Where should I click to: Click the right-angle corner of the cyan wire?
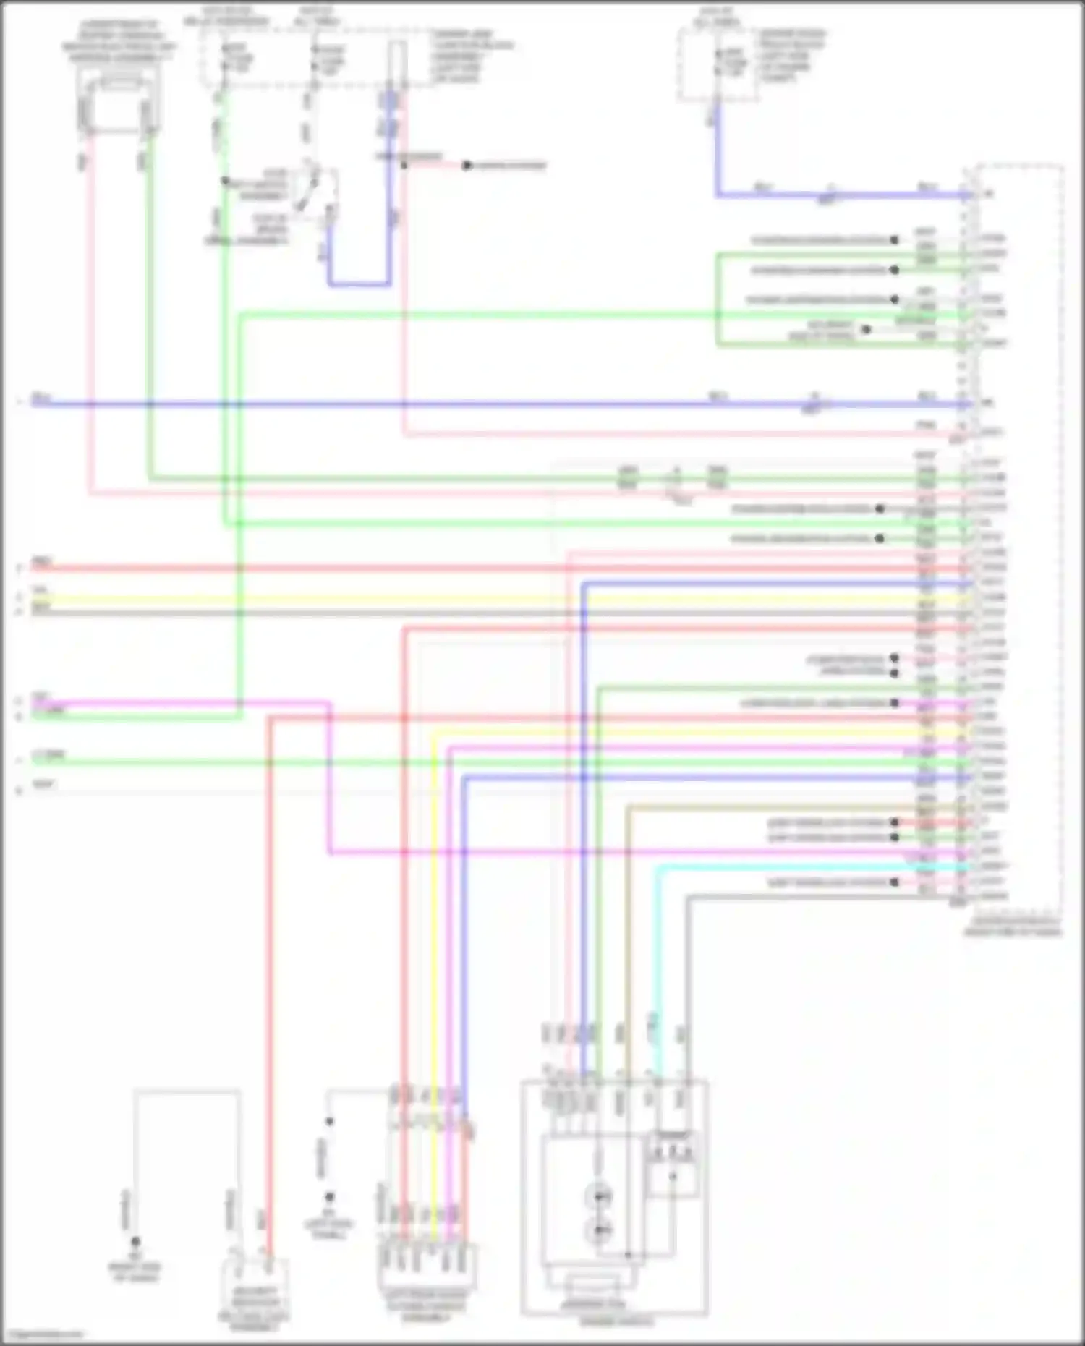click(x=659, y=867)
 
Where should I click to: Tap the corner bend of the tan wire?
click(x=628, y=807)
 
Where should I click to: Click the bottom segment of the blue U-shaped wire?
click(x=359, y=284)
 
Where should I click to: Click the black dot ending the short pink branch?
click(x=467, y=166)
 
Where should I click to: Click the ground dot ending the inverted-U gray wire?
click(x=135, y=1241)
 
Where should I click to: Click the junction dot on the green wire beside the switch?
click(x=225, y=181)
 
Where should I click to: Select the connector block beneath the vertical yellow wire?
click(x=427, y=1266)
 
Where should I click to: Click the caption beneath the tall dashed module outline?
click(x=1013, y=927)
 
